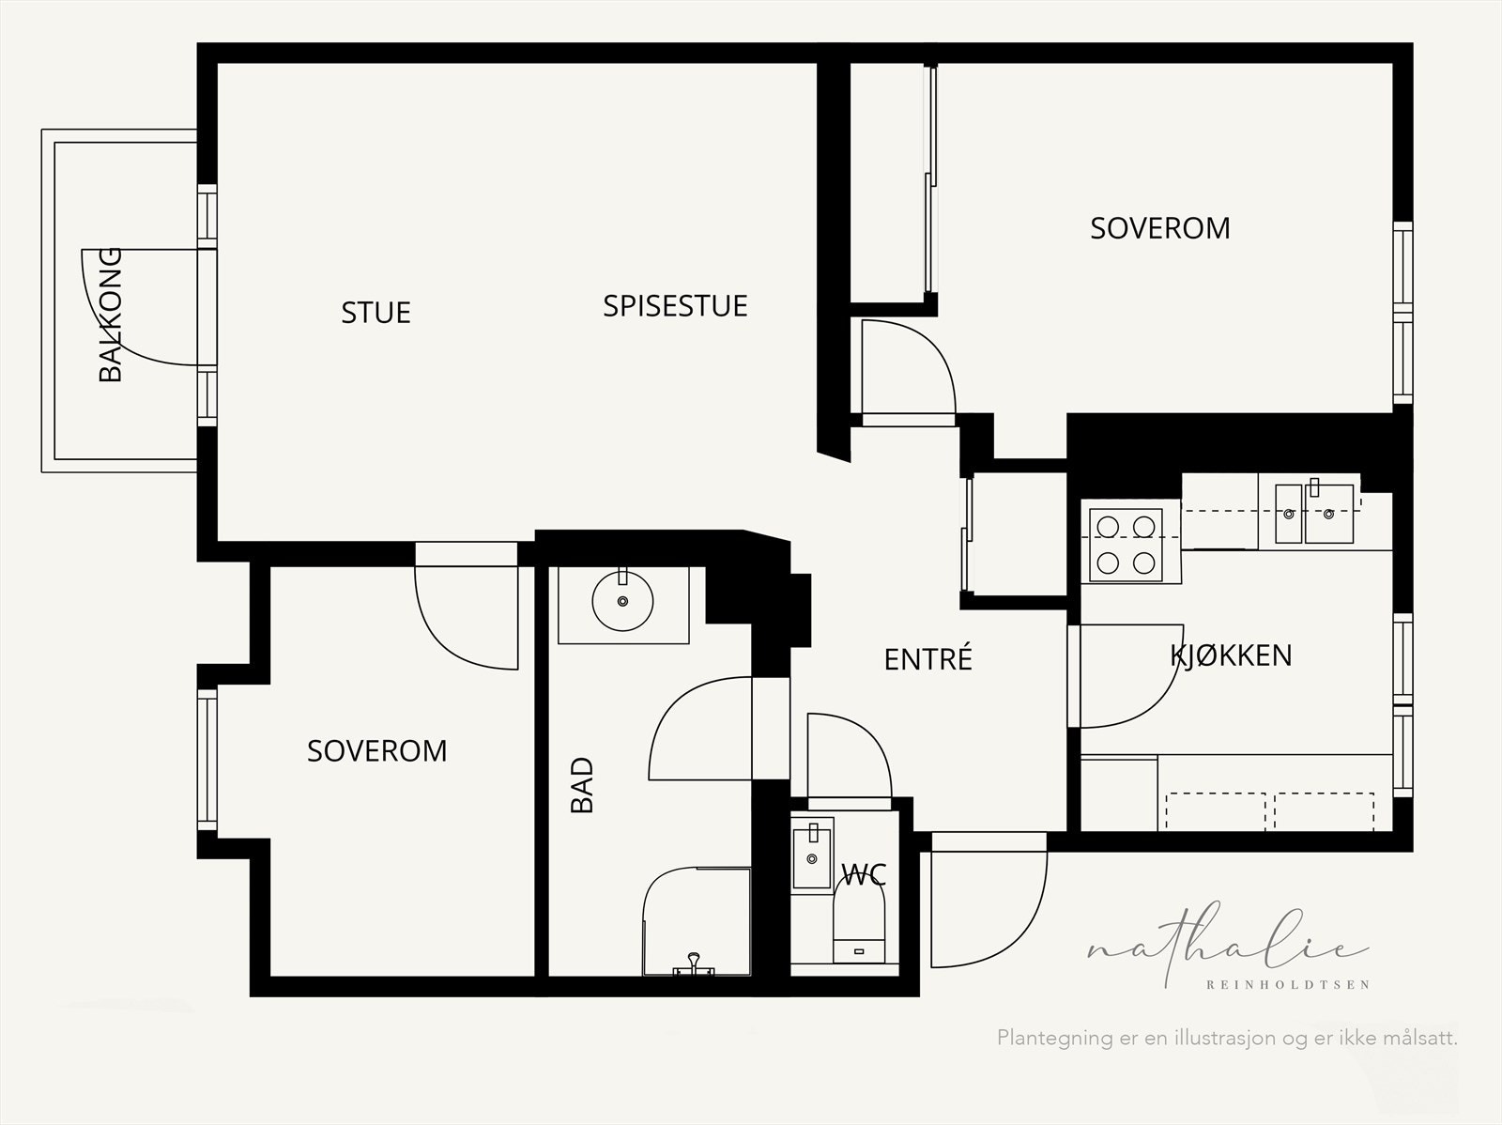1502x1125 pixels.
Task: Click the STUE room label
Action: point(375,312)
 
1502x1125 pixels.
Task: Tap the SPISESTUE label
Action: point(675,306)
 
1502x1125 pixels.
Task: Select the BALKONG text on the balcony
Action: point(111,315)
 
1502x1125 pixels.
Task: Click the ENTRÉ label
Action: point(927,659)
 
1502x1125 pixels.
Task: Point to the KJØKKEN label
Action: point(1231,655)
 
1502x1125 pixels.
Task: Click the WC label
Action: point(864,876)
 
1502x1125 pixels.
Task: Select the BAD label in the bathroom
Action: point(583,785)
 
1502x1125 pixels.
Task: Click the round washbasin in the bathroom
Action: point(622,600)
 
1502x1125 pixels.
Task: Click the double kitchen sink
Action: point(1314,514)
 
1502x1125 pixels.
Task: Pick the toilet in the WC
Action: point(860,925)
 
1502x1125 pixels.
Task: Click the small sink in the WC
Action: point(812,855)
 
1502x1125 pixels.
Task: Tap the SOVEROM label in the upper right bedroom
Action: point(1159,228)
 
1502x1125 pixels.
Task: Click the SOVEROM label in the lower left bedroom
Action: point(376,750)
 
